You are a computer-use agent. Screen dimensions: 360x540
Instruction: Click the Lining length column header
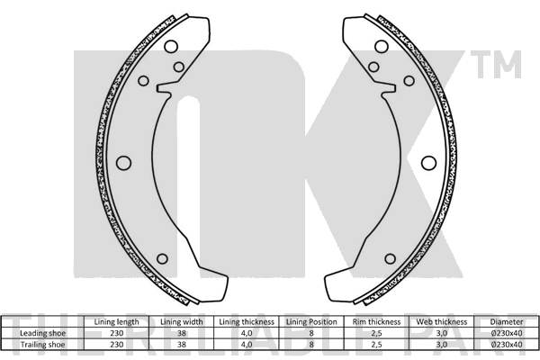point(116,321)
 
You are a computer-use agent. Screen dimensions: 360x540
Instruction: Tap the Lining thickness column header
point(246,321)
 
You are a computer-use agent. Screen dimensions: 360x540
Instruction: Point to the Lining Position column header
point(310,321)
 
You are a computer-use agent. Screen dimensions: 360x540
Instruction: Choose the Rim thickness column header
point(376,321)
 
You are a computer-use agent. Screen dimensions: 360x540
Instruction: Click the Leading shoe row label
point(43,332)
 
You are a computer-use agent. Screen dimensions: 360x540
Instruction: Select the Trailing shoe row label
point(43,343)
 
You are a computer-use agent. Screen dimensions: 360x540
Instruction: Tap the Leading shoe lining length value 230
point(116,332)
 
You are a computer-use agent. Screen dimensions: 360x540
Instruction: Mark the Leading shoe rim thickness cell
point(376,332)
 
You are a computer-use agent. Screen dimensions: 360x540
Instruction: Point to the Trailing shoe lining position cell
point(310,343)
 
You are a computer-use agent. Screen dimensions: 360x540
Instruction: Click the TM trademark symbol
point(505,65)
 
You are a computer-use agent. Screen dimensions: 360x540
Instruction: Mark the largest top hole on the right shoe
point(381,47)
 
